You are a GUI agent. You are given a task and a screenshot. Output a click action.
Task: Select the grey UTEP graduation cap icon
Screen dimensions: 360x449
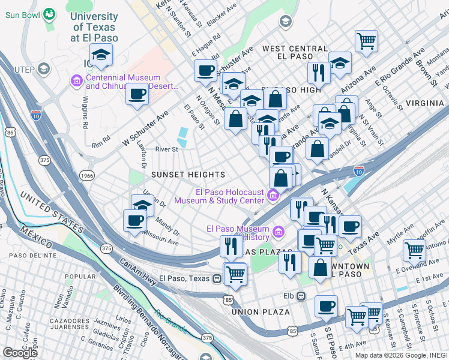43,69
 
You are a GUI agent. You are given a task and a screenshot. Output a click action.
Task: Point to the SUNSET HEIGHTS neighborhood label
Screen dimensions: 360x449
188,175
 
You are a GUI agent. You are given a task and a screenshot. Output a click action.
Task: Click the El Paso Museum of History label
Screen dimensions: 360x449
237,233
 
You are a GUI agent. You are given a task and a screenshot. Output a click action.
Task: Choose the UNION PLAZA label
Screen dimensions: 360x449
261,312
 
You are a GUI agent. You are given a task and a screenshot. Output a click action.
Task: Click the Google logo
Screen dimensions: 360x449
20,353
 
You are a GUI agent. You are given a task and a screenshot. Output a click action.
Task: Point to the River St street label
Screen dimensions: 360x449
166,149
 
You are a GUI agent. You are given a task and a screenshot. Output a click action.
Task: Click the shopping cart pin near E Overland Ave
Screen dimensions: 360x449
415,251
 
